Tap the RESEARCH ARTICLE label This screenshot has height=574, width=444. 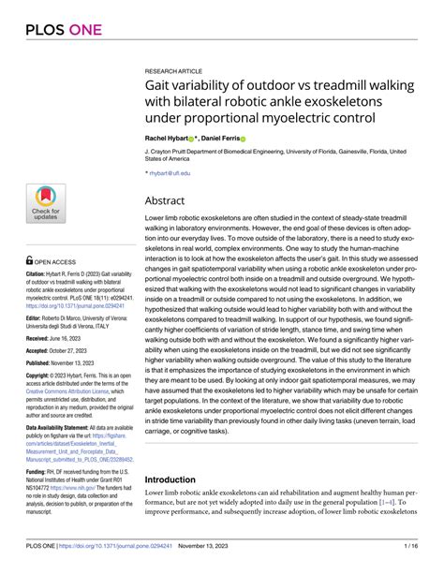point(174,70)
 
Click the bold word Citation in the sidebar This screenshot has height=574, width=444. point(40,274)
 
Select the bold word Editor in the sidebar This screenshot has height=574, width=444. point(38,318)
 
